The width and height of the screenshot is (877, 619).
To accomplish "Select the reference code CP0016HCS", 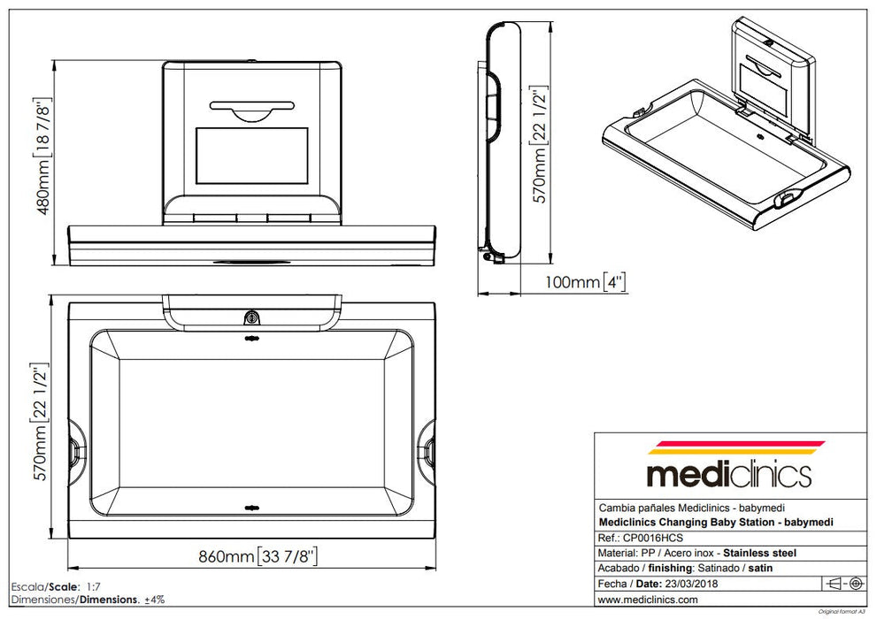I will [654, 538].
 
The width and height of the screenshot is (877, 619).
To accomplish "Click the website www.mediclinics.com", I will [648, 600].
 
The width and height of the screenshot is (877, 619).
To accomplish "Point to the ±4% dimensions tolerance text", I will [157, 600].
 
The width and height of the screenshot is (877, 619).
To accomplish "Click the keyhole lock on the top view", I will [252, 317].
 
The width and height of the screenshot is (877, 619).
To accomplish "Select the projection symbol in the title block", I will [844, 584].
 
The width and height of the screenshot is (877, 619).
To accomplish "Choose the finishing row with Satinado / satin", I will [673, 568].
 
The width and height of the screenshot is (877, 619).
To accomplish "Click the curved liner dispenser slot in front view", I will [252, 109].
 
